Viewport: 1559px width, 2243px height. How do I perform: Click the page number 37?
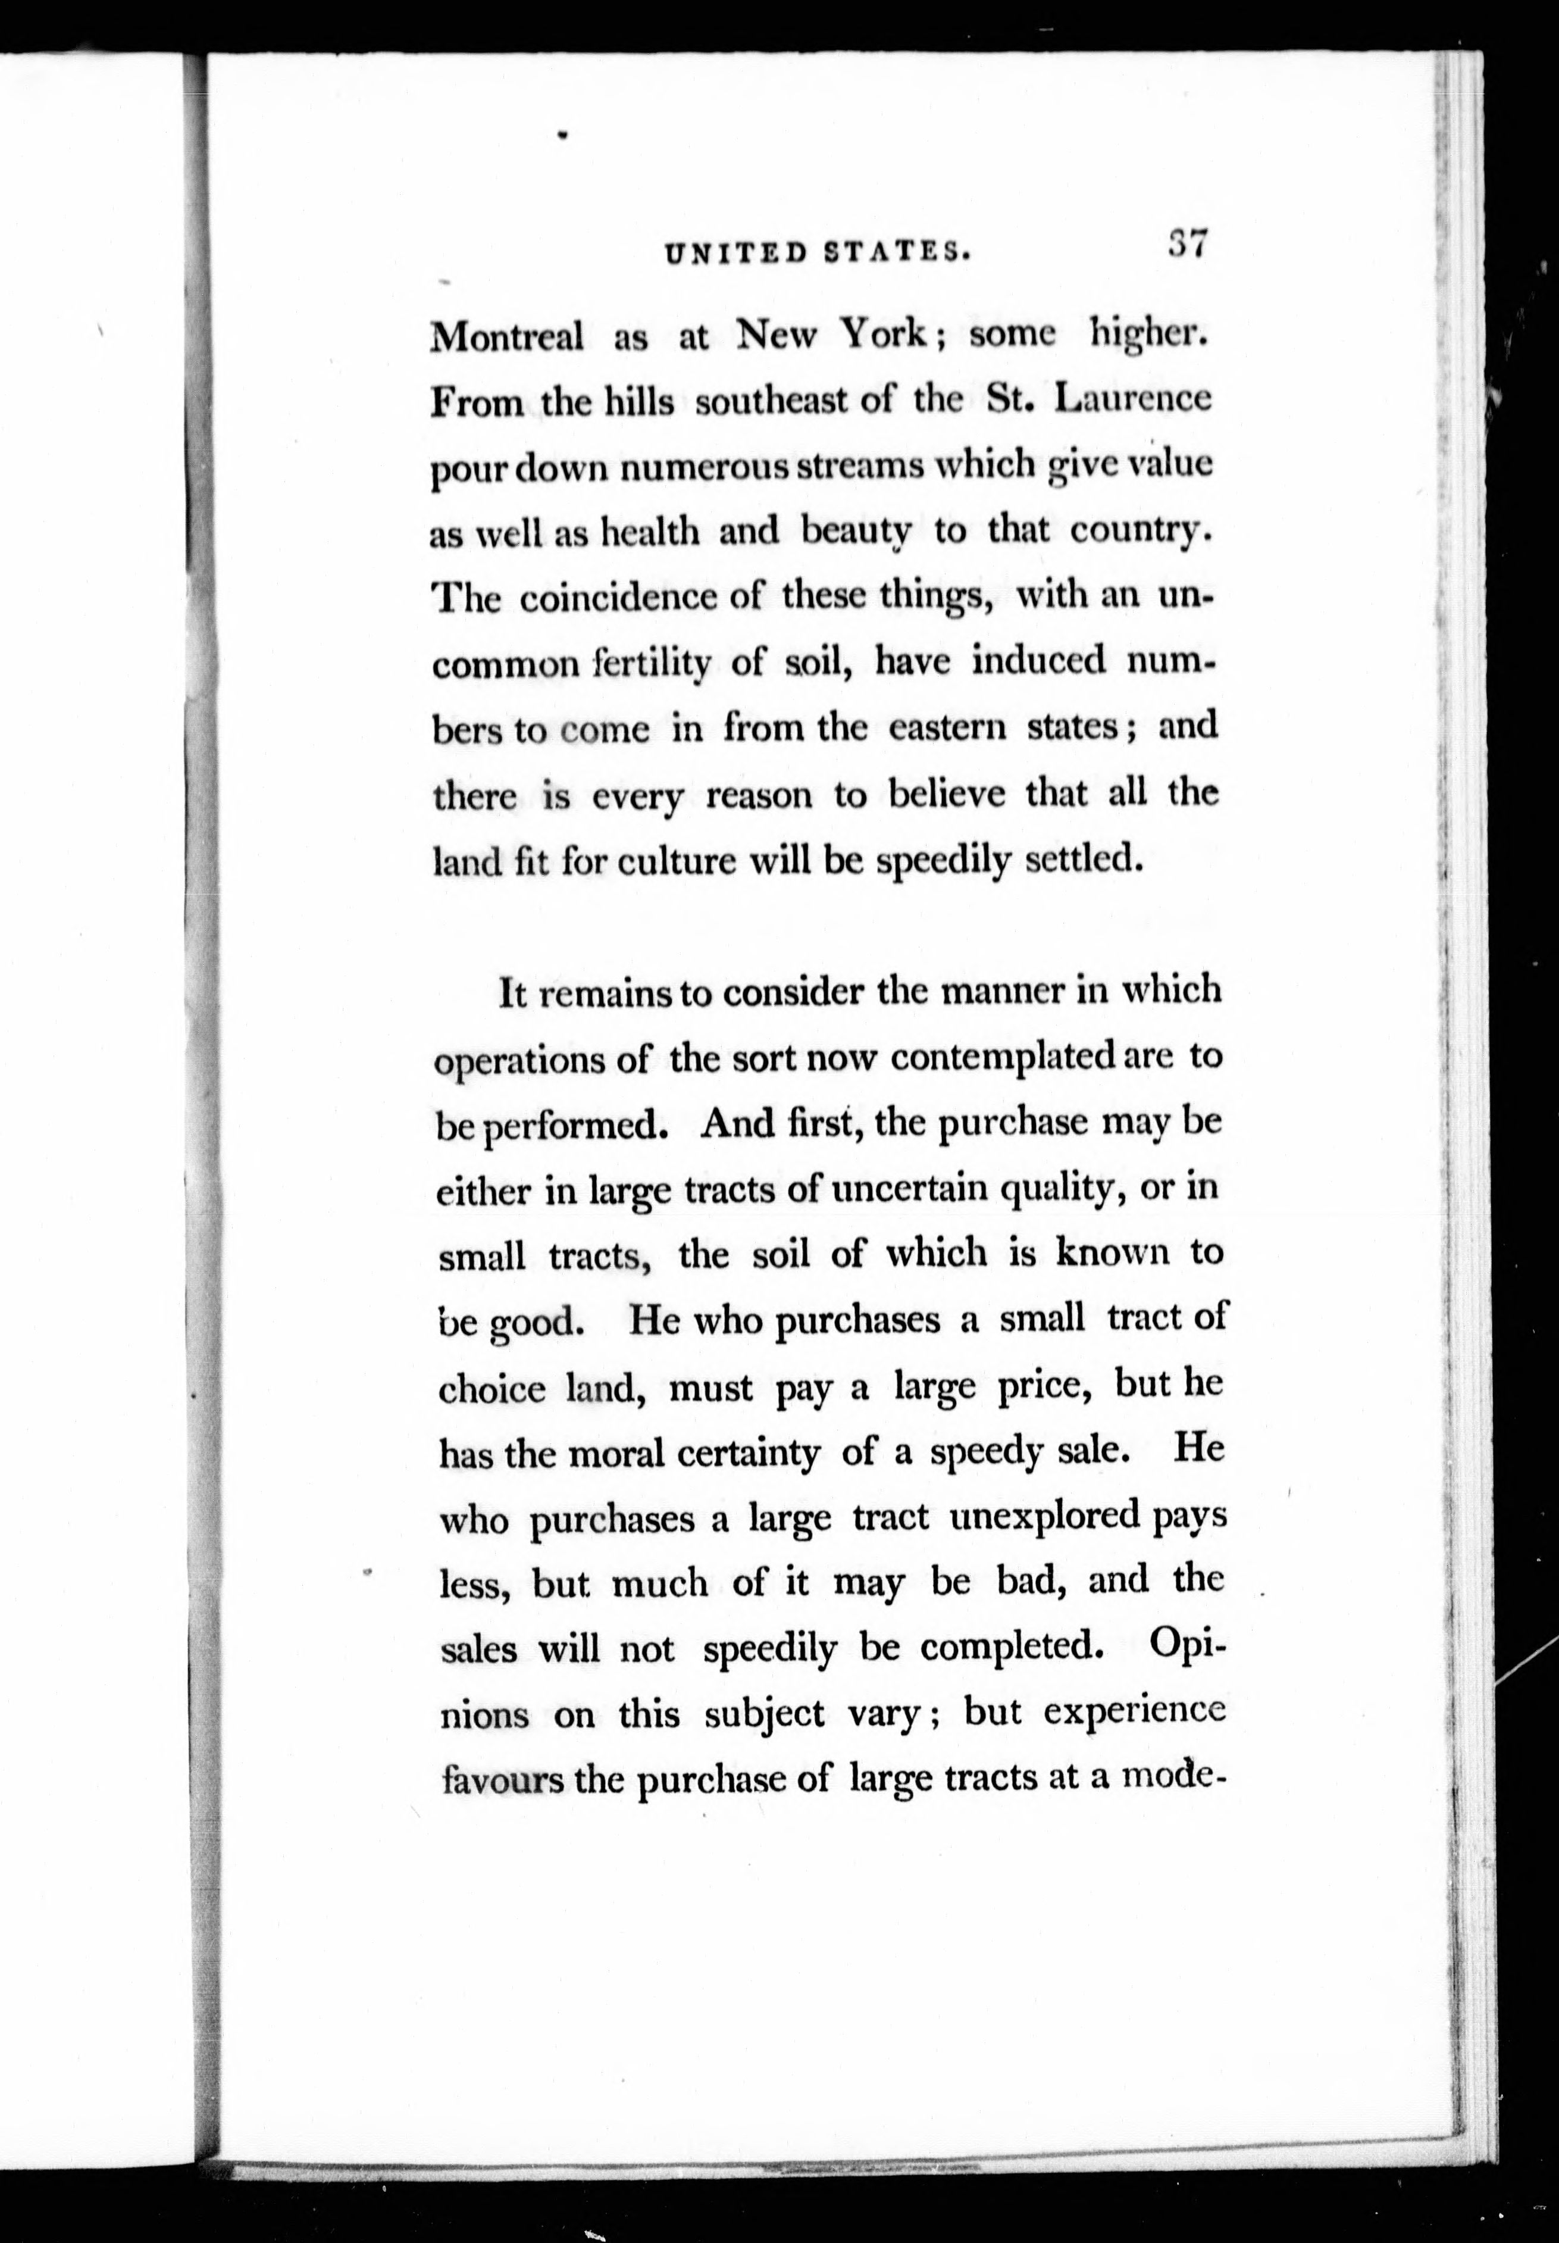[1189, 243]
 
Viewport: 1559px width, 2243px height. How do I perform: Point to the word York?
[884, 335]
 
